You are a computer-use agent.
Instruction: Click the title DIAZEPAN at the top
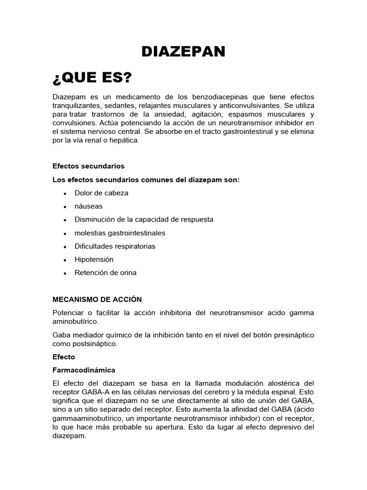click(x=183, y=52)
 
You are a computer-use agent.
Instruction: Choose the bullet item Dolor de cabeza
click(x=101, y=193)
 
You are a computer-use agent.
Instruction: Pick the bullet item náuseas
click(x=88, y=206)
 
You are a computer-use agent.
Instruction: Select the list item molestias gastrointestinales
click(x=119, y=233)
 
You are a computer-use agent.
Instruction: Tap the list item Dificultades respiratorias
click(x=115, y=246)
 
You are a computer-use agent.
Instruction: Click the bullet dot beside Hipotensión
click(x=65, y=260)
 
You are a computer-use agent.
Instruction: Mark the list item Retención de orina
click(x=105, y=273)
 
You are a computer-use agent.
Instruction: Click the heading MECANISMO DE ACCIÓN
click(x=97, y=300)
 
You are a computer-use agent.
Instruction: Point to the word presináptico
click(x=293, y=335)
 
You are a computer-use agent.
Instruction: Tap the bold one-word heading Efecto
click(x=64, y=357)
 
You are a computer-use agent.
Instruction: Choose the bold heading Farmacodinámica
click(x=84, y=370)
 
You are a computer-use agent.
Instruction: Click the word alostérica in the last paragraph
click(x=280, y=384)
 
